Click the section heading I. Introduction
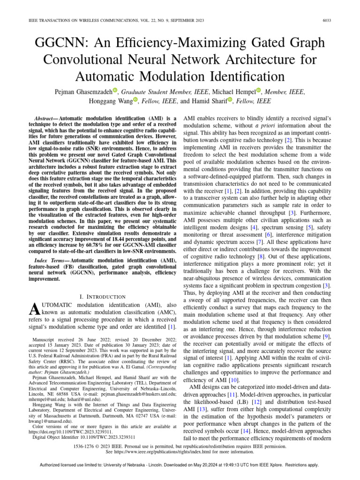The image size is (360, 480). [103, 296]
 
